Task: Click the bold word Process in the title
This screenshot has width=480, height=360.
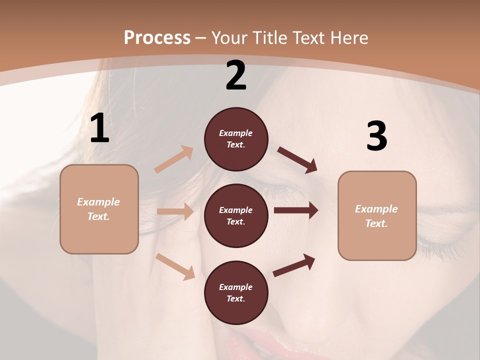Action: (x=157, y=37)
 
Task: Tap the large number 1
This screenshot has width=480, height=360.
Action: (x=99, y=128)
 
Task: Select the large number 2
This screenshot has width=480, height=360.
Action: (x=236, y=75)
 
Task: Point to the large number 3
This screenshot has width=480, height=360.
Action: (x=376, y=136)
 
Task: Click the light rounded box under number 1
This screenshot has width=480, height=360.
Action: (x=99, y=209)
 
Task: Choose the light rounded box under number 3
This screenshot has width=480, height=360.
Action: (x=377, y=215)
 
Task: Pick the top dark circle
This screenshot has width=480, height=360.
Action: (x=236, y=139)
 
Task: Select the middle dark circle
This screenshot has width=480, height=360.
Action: (x=236, y=215)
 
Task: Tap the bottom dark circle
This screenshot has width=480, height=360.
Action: (x=236, y=292)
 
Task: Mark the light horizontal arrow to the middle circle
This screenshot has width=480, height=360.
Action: (x=175, y=211)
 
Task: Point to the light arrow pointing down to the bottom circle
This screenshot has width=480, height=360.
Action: (x=175, y=266)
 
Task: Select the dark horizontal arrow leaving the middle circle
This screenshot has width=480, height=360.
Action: (x=296, y=210)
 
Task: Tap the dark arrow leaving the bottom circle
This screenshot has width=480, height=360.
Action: (x=294, y=265)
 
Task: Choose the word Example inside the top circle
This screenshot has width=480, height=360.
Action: (x=235, y=133)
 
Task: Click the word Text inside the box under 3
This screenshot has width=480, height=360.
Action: (x=376, y=223)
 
